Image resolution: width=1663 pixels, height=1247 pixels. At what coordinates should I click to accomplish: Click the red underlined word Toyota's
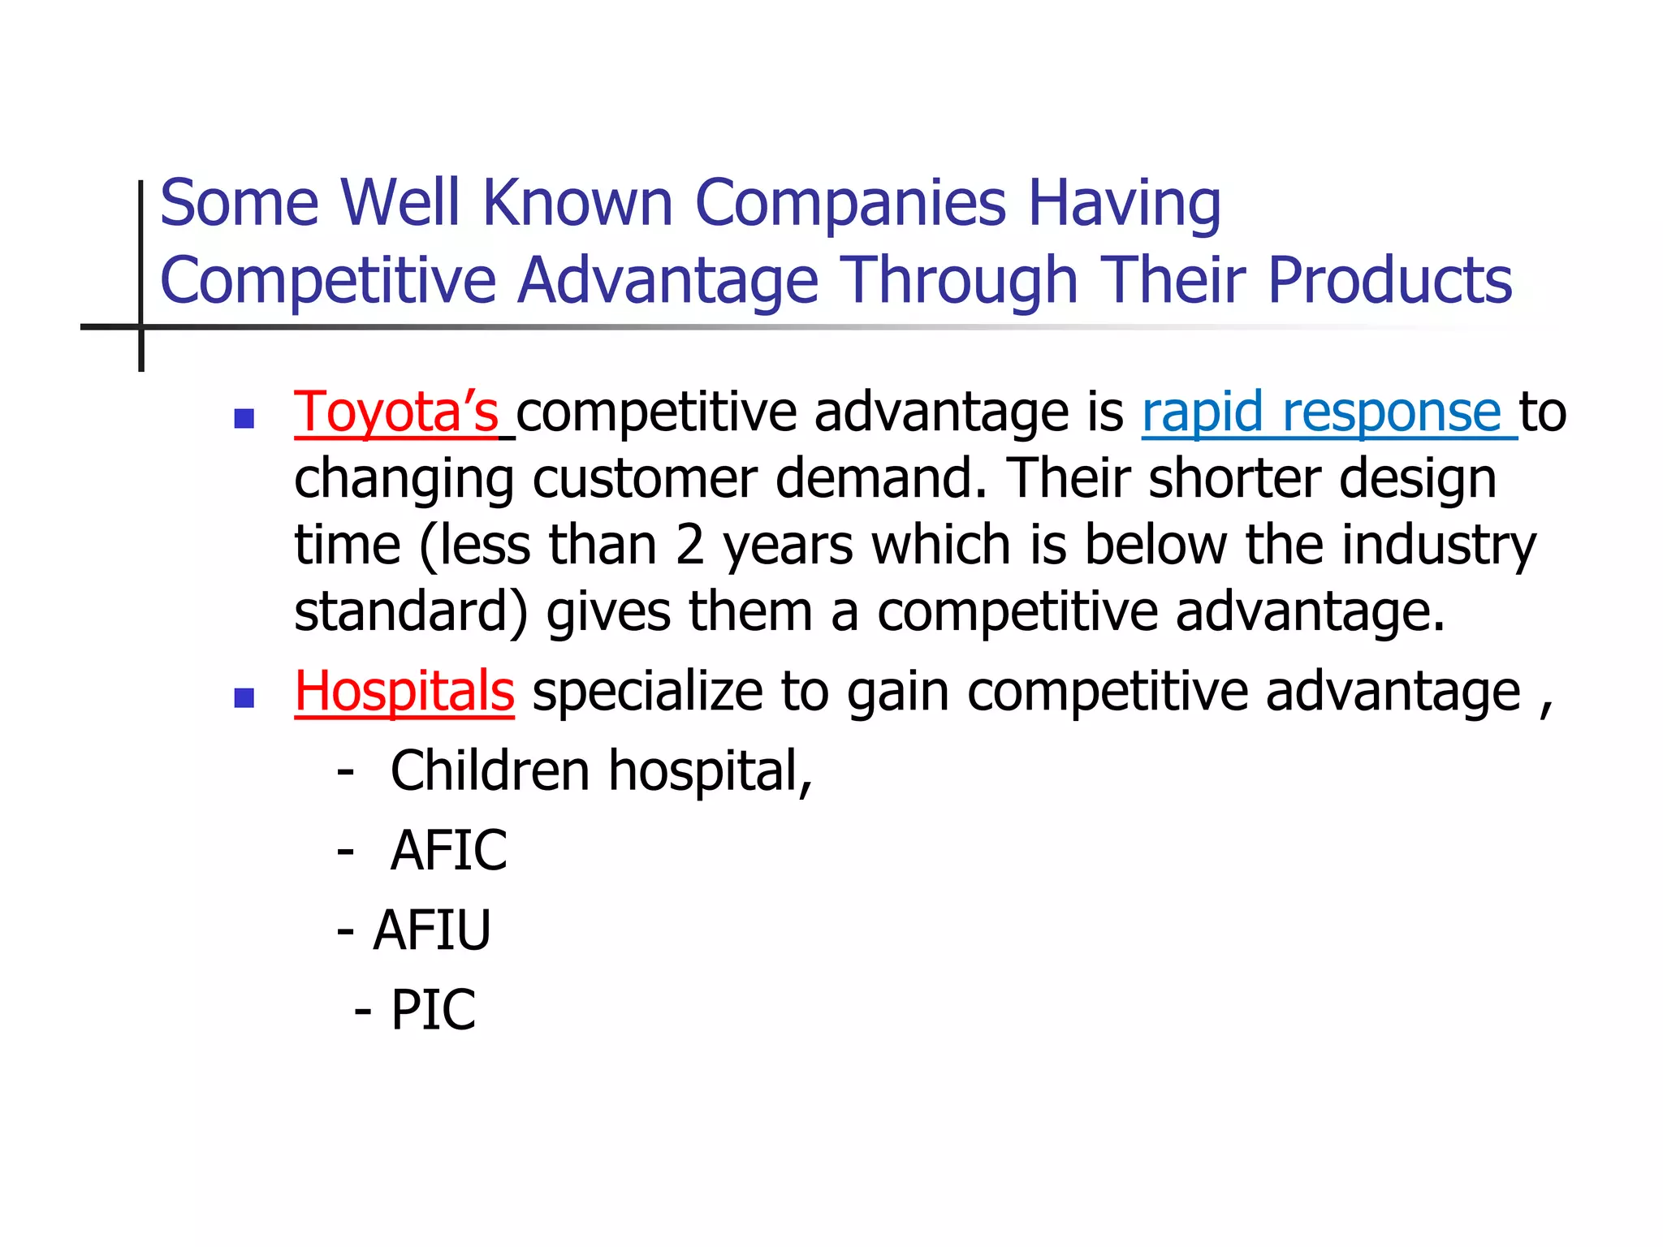tap(396, 412)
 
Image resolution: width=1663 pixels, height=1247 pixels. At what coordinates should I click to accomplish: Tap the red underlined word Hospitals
tap(404, 692)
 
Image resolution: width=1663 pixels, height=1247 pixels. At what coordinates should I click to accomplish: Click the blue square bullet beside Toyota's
tap(244, 418)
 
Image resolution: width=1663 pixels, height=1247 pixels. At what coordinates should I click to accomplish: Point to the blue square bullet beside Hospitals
tap(244, 697)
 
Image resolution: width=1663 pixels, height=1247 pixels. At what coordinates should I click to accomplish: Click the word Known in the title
tap(577, 203)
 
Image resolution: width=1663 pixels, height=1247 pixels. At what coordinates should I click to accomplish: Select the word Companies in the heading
tap(850, 203)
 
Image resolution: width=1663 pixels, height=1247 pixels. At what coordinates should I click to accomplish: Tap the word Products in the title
tap(1389, 281)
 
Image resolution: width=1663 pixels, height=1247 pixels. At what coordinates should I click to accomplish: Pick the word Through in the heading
tap(958, 281)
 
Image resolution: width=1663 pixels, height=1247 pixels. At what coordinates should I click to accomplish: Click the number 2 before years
tap(689, 545)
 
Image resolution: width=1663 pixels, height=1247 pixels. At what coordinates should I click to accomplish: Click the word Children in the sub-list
tap(490, 770)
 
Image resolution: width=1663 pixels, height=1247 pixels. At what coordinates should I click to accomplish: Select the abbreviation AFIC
tap(448, 851)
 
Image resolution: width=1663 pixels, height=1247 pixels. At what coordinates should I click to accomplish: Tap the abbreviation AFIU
tap(432, 930)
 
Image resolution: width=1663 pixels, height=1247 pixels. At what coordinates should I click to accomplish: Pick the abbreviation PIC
tap(433, 1010)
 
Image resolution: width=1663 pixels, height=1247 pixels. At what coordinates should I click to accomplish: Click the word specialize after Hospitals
tap(647, 692)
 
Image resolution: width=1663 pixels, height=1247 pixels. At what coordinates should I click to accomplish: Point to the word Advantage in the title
tap(667, 281)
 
